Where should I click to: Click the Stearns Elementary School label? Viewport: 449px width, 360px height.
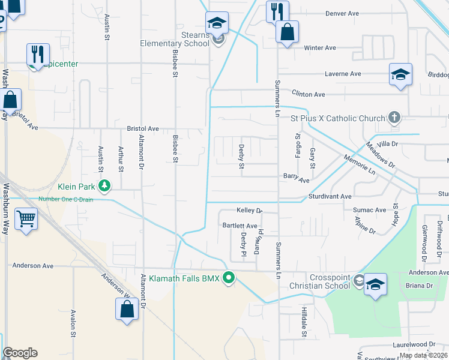(175, 39)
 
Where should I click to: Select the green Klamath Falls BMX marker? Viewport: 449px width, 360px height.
(228, 278)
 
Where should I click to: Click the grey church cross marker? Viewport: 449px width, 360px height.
(394, 118)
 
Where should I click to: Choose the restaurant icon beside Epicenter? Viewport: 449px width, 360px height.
(38, 53)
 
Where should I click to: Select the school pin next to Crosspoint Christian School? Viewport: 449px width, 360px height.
(375, 284)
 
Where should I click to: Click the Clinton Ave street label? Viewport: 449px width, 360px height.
(308, 94)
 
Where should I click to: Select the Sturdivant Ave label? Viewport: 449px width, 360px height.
(330, 196)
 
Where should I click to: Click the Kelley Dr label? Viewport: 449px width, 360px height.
(250, 211)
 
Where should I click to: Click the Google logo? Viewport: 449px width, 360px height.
(19, 353)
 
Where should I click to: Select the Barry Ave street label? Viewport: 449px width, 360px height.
(296, 179)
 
